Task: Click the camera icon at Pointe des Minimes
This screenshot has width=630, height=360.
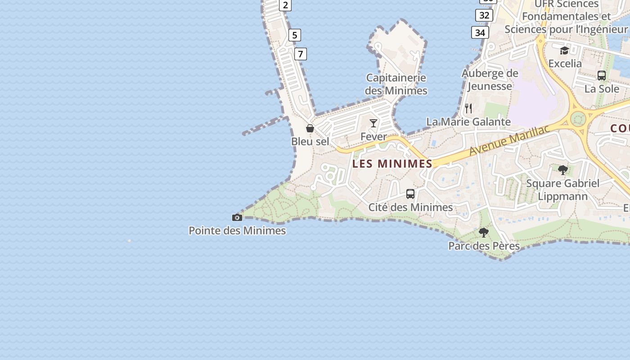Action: pyautogui.click(x=237, y=218)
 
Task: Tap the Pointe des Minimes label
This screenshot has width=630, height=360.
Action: pyautogui.click(x=237, y=231)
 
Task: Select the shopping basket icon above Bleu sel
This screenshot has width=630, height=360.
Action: pyautogui.click(x=310, y=129)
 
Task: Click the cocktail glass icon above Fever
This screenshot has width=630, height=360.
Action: pyautogui.click(x=373, y=123)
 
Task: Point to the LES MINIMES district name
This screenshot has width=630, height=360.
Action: pyautogui.click(x=392, y=164)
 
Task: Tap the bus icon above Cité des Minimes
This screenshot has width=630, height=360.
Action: pyautogui.click(x=410, y=194)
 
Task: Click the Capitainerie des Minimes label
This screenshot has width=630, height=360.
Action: pyautogui.click(x=396, y=84)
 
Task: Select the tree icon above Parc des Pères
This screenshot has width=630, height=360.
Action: pyautogui.click(x=484, y=233)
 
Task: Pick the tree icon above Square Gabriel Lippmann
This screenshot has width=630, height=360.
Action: pyautogui.click(x=562, y=170)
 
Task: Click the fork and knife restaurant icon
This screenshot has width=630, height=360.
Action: pyautogui.click(x=468, y=108)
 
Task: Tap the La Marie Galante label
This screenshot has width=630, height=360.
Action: pyautogui.click(x=468, y=122)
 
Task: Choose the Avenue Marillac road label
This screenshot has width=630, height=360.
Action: pyautogui.click(x=509, y=141)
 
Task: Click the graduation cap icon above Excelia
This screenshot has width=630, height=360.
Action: pyautogui.click(x=565, y=50)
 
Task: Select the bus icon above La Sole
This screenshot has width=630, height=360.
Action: pyautogui.click(x=602, y=76)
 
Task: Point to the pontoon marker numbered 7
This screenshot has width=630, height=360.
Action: pyautogui.click(x=300, y=54)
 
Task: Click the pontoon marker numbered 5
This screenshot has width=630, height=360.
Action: pyautogui.click(x=294, y=35)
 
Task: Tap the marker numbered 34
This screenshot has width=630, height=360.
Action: pyautogui.click(x=480, y=32)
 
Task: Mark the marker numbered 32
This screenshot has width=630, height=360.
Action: pyautogui.click(x=484, y=15)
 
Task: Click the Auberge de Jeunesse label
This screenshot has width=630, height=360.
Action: pyautogui.click(x=490, y=80)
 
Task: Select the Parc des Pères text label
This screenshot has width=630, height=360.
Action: pyautogui.click(x=484, y=246)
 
